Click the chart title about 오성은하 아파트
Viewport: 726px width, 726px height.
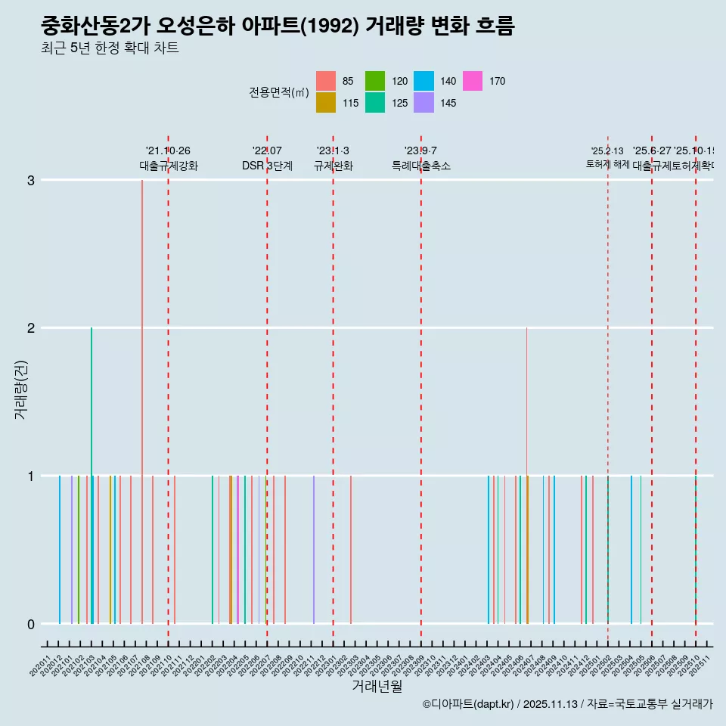tap(278, 26)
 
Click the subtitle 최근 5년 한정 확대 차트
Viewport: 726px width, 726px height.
tap(110, 49)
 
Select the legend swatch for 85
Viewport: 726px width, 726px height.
tap(326, 81)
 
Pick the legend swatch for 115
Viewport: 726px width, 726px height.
tap(326, 103)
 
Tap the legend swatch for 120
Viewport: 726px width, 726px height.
tap(375, 81)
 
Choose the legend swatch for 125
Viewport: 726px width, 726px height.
tap(375, 103)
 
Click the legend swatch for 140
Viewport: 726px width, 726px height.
tap(424, 81)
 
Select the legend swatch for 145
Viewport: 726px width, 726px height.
tap(424, 103)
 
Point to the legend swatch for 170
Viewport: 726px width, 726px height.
tap(473, 81)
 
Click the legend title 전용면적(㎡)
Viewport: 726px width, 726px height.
tap(278, 92)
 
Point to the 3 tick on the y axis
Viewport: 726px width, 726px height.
tap(31, 180)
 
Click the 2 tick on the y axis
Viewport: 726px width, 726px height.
tap(31, 328)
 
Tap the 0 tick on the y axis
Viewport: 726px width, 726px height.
tap(31, 624)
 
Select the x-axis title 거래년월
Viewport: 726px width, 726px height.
tap(377, 686)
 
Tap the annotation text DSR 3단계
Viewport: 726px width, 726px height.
tap(267, 166)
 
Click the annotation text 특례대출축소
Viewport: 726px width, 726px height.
tap(420, 166)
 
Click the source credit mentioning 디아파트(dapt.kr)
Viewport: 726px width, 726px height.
tap(567, 704)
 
